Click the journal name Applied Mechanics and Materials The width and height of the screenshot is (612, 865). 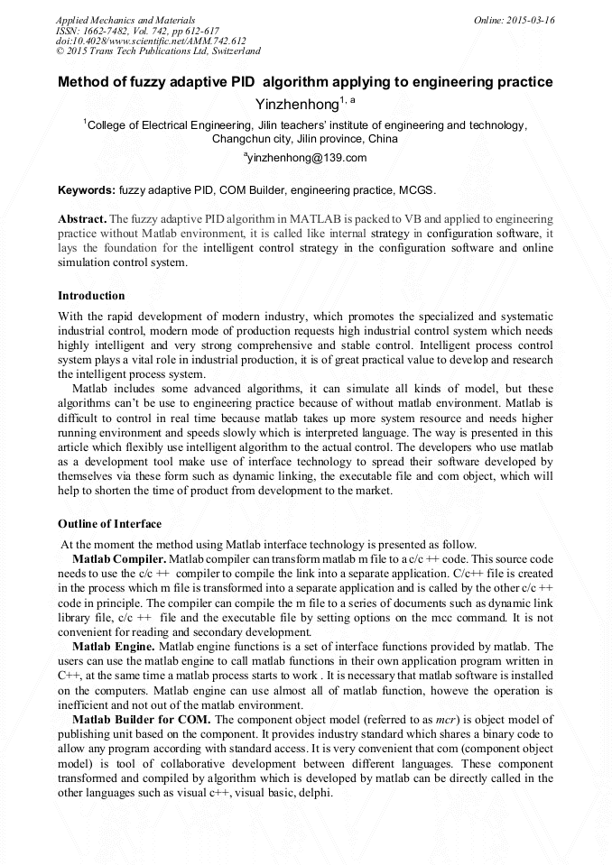coord(125,19)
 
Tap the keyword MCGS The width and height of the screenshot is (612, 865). coord(420,190)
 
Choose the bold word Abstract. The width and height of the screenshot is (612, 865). coord(81,219)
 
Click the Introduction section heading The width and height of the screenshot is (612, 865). coord(91,295)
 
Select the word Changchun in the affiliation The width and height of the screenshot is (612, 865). coord(239,140)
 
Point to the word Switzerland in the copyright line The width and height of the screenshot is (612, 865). coord(227,51)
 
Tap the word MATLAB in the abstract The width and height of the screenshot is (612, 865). coord(312,219)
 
